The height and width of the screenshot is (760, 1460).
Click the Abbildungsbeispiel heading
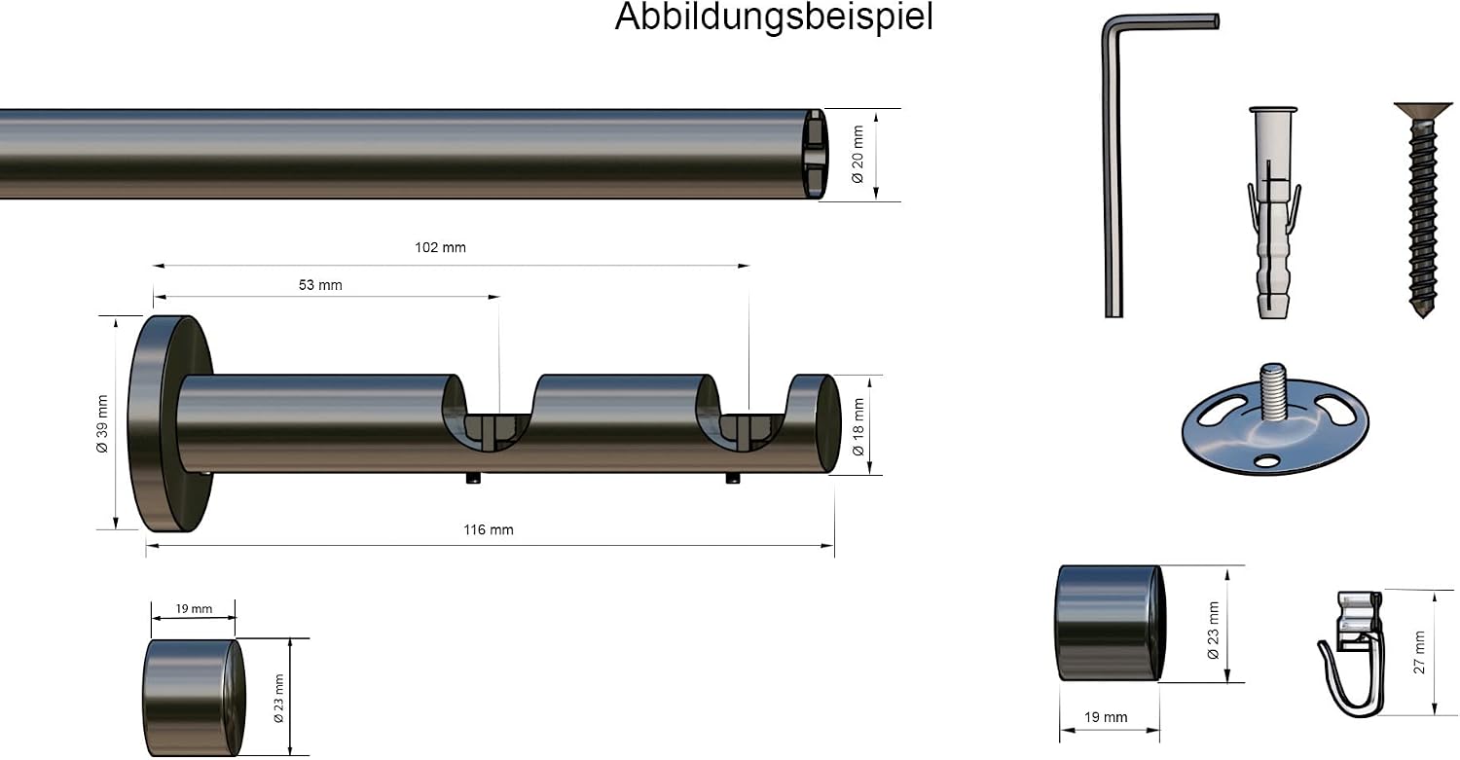774,17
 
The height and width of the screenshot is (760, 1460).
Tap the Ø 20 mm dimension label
858,155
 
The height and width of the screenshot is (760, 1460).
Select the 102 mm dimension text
441,248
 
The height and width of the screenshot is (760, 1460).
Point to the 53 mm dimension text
320,285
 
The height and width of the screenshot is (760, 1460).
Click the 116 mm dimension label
489,530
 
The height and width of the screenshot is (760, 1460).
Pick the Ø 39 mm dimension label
102,423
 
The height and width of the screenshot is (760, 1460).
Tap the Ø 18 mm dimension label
858,427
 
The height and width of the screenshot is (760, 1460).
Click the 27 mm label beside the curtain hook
1419,652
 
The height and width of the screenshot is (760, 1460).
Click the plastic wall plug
1273,212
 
